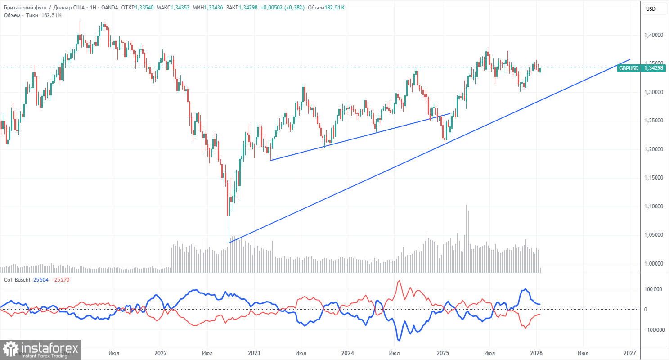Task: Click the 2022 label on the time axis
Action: pos(161,353)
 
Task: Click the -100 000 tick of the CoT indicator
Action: pos(651,330)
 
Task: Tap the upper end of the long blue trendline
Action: pos(629,59)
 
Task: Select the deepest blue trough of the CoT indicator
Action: pos(399,340)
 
